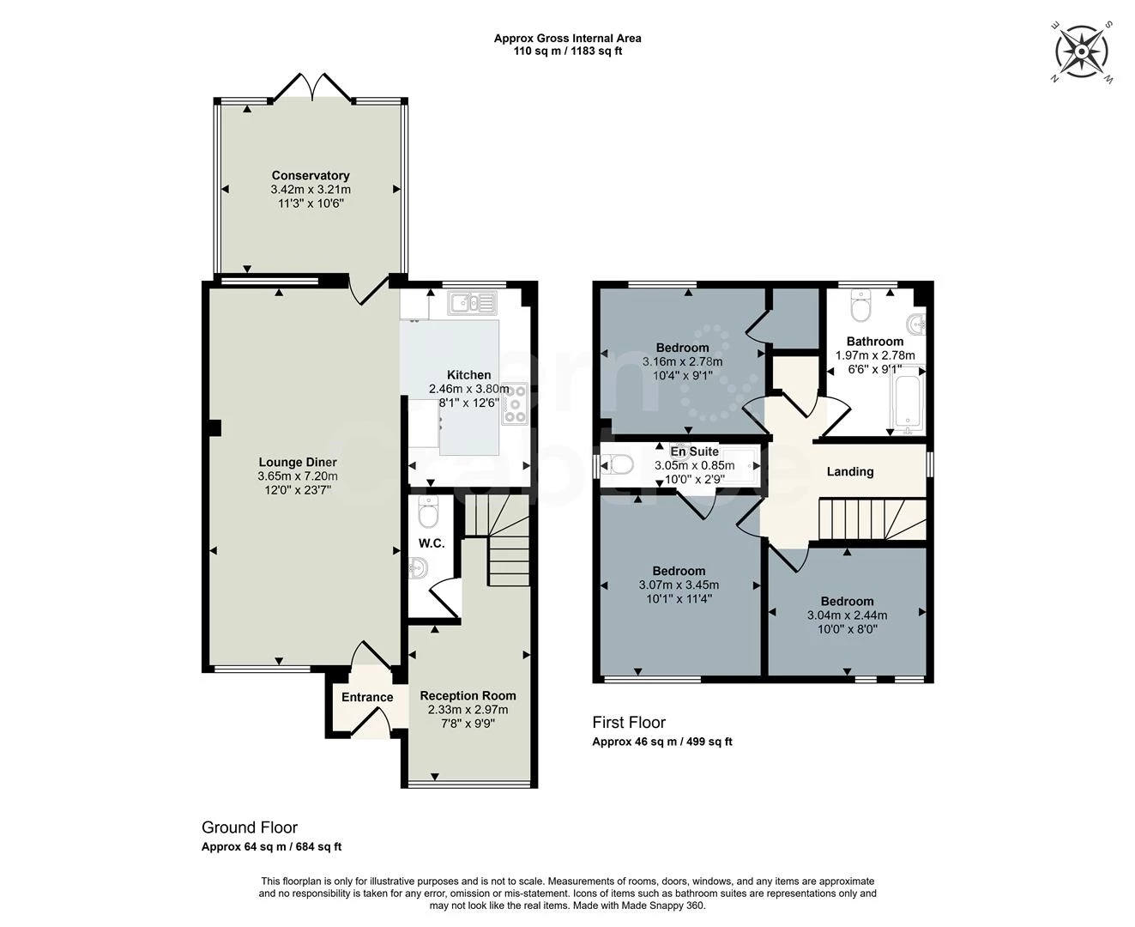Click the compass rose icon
[x=1082, y=51]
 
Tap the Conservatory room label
[x=311, y=176]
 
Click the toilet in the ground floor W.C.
[x=426, y=512]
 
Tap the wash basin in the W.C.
[x=419, y=567]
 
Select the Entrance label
[x=367, y=697]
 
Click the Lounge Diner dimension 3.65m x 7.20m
[x=298, y=476]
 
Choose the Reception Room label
[x=468, y=696]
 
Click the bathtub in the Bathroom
[x=908, y=400]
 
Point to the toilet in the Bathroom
[x=860, y=305]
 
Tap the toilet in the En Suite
[x=618, y=464]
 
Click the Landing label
[x=849, y=471]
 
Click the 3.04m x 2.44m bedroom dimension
[x=847, y=615]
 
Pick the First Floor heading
[x=629, y=723]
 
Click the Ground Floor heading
[x=250, y=827]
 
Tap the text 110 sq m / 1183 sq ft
[x=567, y=51]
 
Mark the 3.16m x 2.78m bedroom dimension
[x=682, y=362]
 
